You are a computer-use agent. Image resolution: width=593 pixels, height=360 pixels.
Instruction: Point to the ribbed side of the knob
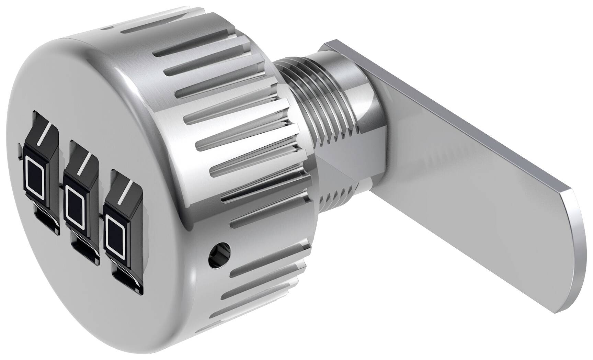point(227,137)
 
